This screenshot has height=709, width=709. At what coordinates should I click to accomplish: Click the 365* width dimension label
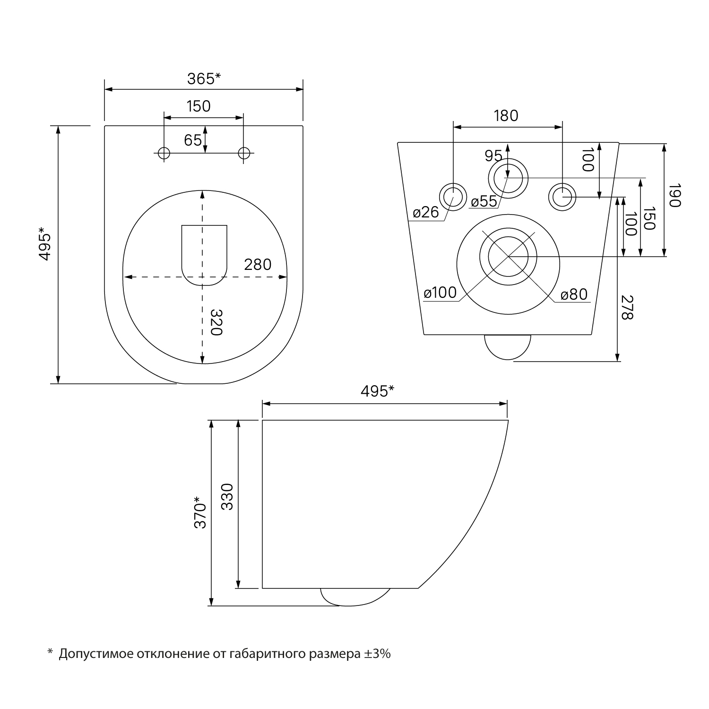pyautogui.click(x=204, y=78)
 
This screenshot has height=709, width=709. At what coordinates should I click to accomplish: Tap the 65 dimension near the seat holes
pyautogui.click(x=193, y=140)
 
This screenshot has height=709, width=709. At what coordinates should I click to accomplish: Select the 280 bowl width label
pyautogui.click(x=258, y=264)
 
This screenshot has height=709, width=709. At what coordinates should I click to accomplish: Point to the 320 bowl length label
pyautogui.click(x=216, y=322)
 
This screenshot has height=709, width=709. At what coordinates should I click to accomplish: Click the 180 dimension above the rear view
pyautogui.click(x=506, y=115)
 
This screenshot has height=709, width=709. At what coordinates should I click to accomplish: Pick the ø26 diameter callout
pyautogui.click(x=426, y=212)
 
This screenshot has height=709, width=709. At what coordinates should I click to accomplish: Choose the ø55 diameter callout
pyautogui.click(x=484, y=201)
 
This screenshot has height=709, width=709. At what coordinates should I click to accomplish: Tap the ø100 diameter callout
pyautogui.click(x=441, y=293)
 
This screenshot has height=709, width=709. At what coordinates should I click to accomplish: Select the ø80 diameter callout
pyautogui.click(x=574, y=295)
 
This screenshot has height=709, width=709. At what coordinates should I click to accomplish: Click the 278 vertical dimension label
pyautogui.click(x=627, y=307)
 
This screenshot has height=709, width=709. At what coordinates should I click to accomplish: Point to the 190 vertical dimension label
pyautogui.click(x=674, y=195)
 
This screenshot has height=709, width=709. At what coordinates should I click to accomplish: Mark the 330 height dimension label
pyautogui.click(x=227, y=496)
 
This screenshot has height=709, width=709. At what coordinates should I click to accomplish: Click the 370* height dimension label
pyautogui.click(x=200, y=512)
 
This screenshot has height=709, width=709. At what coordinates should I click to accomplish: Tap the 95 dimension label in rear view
pyautogui.click(x=493, y=156)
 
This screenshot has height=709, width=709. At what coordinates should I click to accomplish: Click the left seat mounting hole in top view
pyautogui.click(x=164, y=153)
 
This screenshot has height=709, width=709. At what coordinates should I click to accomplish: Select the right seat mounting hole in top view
pyautogui.click(x=244, y=153)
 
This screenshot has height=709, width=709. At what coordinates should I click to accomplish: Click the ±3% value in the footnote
pyautogui.click(x=377, y=654)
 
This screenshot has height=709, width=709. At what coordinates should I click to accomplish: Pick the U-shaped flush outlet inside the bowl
pyautogui.click(x=205, y=255)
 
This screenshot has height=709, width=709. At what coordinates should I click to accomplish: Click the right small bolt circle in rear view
pyautogui.click(x=562, y=196)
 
